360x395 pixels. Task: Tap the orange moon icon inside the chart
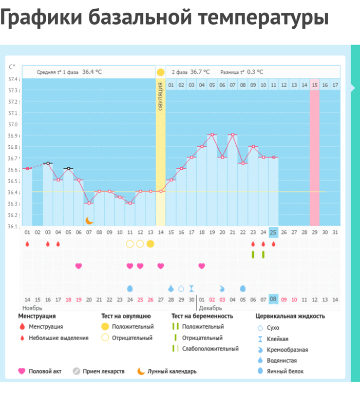click(89, 220)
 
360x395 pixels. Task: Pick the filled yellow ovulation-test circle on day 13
click(150, 244)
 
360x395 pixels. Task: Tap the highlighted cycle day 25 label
click(274, 232)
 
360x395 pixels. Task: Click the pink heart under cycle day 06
click(79, 266)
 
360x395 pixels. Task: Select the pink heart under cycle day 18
click(202, 266)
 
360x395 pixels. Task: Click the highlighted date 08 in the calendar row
click(274, 299)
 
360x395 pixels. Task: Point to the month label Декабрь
click(210, 308)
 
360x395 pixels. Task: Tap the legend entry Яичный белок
click(286, 371)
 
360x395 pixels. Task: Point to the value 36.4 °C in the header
click(92, 72)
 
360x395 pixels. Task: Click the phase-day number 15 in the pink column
click(315, 85)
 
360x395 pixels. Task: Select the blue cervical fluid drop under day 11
click(130, 288)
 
